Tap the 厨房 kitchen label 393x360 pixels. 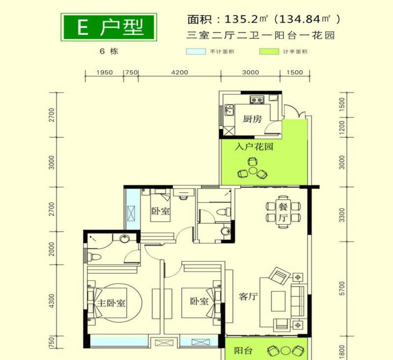(252, 118)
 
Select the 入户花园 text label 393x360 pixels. (254, 147)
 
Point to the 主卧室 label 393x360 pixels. (111, 303)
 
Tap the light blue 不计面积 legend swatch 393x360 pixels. (196, 51)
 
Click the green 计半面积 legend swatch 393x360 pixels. (269, 51)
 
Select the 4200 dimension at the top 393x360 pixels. (179, 73)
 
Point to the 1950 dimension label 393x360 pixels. (104, 73)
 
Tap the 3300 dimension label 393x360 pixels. (342, 215)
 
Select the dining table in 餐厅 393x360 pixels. (283, 211)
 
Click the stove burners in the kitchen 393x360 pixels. (256, 100)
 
